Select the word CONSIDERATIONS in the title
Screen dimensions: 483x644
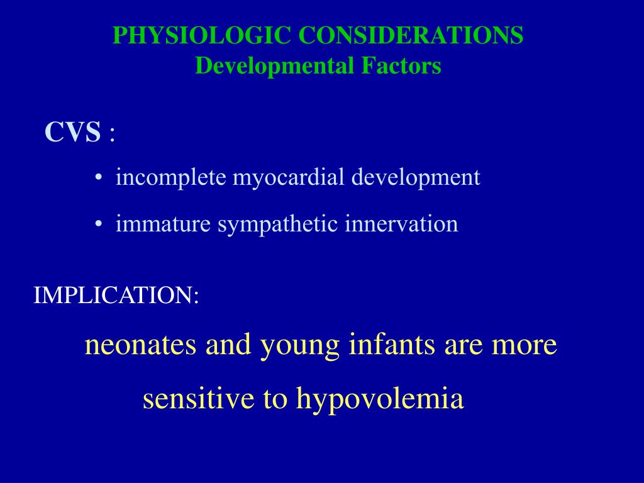pyautogui.click(x=411, y=36)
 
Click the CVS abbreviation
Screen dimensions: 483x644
pyautogui.click(x=72, y=133)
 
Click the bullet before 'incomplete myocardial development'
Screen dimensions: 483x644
pyautogui.click(x=99, y=179)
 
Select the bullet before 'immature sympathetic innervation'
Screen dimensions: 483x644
pyautogui.click(x=99, y=225)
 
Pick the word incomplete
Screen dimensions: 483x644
pyautogui.click(x=171, y=177)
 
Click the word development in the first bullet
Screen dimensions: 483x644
pyautogui.click(x=416, y=179)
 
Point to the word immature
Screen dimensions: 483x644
pyautogui.click(x=164, y=224)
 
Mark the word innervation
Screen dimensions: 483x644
pyautogui.click(x=401, y=224)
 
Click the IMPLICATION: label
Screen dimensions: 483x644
pyautogui.click(x=116, y=295)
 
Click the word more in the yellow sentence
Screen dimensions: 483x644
pyautogui.click(x=525, y=345)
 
